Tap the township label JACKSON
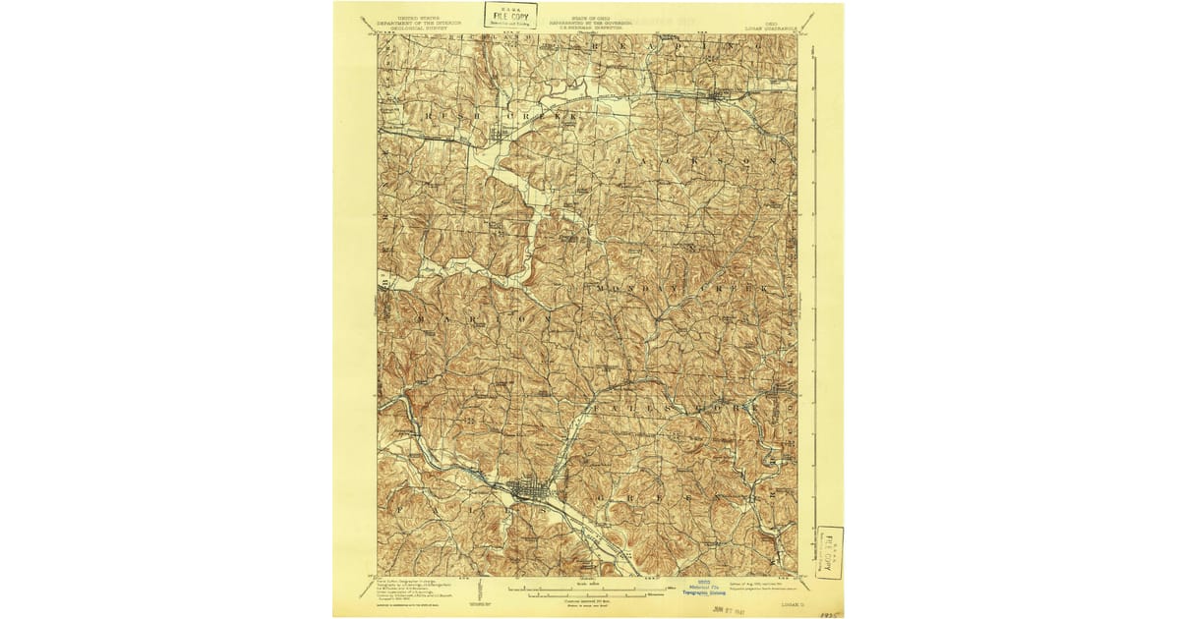700,157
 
